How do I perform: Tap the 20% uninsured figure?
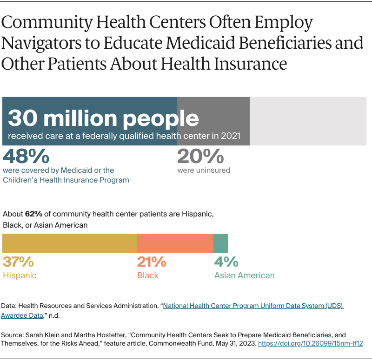(200, 157)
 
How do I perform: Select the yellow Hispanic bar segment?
(70, 243)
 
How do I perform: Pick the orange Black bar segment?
(175, 243)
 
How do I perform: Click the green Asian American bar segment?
(220, 243)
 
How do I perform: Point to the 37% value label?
(18, 262)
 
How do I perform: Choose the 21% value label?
(152, 262)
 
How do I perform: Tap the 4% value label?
(226, 262)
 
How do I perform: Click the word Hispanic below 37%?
(20, 275)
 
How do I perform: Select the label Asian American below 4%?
(244, 275)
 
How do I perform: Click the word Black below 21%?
(148, 275)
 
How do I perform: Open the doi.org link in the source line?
(310, 343)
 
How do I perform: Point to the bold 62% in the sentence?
(33, 214)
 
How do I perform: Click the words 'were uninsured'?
(204, 170)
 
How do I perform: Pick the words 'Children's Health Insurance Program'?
(66, 180)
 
